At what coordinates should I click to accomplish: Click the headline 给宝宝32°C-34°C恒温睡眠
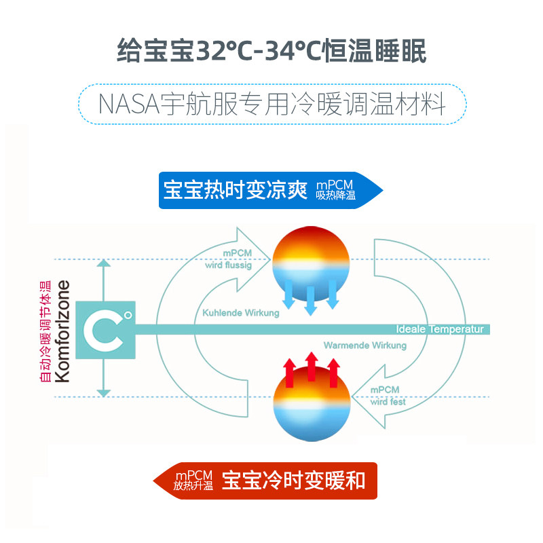[x=271, y=50]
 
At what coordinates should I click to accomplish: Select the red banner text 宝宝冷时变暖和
[x=294, y=480]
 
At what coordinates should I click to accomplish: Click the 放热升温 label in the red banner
[x=193, y=486]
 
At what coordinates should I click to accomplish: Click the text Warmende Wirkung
[x=364, y=345]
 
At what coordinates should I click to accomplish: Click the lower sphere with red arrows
[x=311, y=403]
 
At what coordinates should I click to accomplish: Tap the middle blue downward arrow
[x=311, y=299]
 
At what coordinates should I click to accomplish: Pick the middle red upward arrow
[x=311, y=367]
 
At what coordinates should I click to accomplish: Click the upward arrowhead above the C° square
[x=103, y=267]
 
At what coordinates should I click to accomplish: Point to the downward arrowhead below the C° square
[x=103, y=392]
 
